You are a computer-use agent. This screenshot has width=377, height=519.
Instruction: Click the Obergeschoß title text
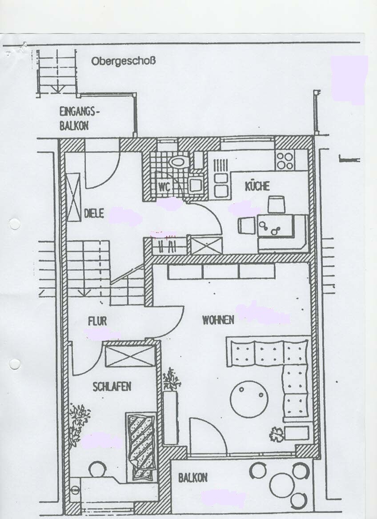(x=123, y=61)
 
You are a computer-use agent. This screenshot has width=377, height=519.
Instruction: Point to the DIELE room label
(x=94, y=213)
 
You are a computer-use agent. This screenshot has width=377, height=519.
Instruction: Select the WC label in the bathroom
(x=164, y=187)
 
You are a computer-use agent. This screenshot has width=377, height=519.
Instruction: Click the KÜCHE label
(x=257, y=186)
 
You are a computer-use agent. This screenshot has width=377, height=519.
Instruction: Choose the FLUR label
(x=97, y=321)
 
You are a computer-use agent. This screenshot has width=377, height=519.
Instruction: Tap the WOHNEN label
(x=218, y=320)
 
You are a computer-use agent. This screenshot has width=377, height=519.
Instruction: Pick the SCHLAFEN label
(x=112, y=386)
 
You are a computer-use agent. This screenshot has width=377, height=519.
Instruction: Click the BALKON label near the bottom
(x=193, y=478)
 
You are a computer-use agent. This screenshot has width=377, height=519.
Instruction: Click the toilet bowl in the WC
(x=178, y=162)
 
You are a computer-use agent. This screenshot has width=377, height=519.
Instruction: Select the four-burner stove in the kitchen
(x=285, y=160)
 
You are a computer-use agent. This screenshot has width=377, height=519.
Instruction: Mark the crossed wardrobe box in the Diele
(x=74, y=196)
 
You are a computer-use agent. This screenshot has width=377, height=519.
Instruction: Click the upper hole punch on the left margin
(x=15, y=224)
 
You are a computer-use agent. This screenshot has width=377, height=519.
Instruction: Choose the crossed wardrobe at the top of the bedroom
(x=130, y=356)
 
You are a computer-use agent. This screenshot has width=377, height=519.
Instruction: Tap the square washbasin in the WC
(x=196, y=185)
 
